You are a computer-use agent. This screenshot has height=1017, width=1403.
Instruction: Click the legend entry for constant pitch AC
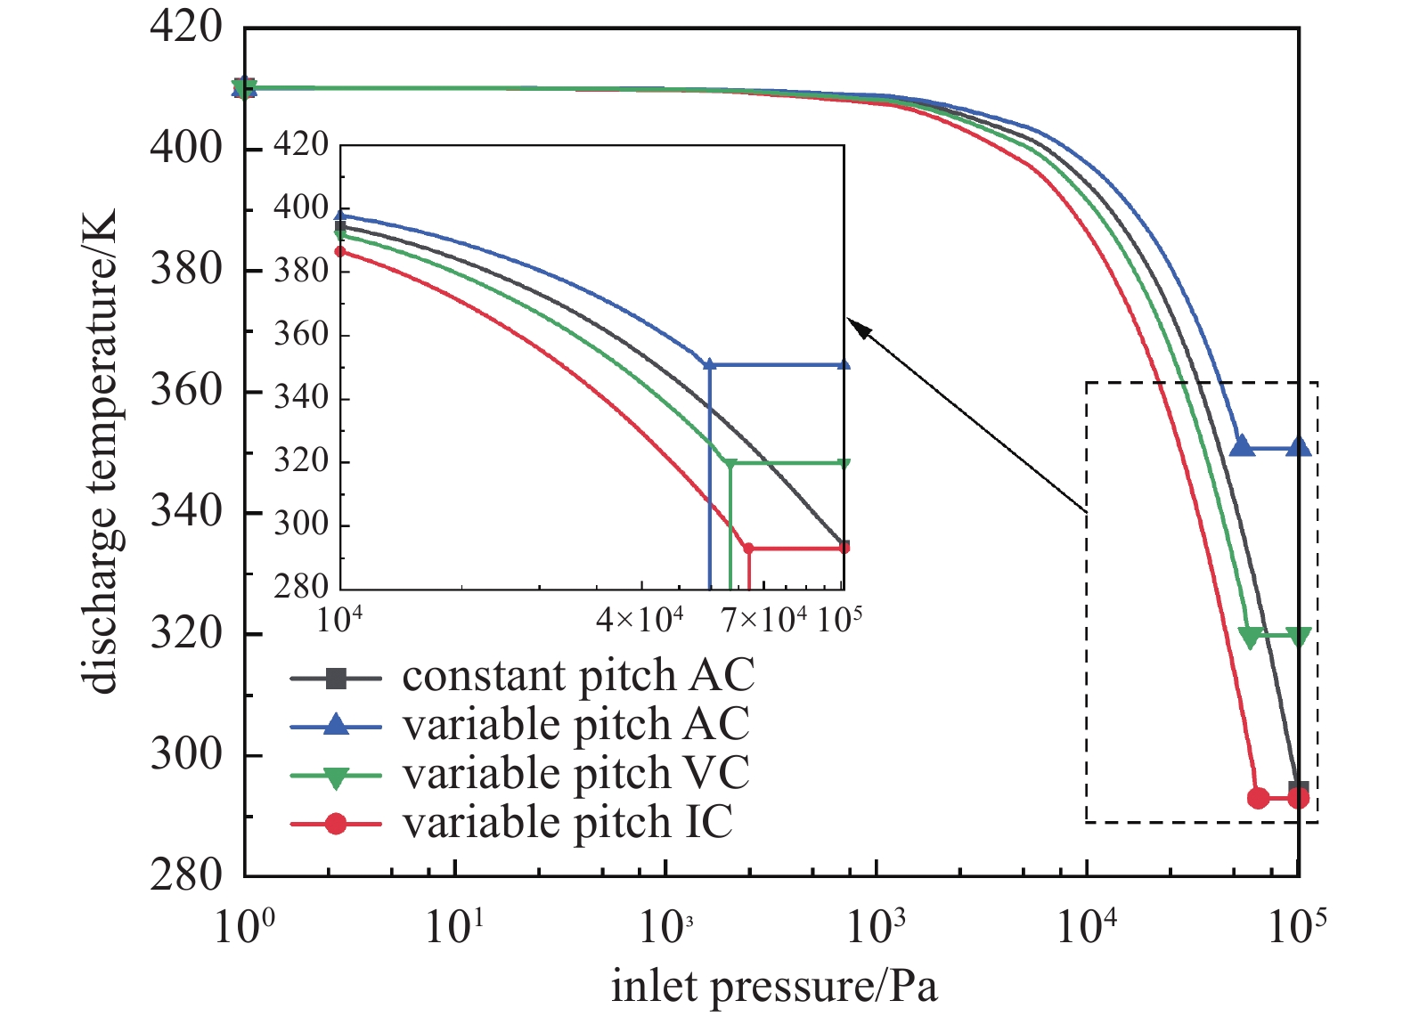(577, 676)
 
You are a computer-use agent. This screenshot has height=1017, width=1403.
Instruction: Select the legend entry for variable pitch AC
(575, 725)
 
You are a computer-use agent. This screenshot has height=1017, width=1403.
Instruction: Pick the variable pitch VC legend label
(575, 773)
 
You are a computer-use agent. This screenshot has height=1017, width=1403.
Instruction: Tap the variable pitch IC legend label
(567, 822)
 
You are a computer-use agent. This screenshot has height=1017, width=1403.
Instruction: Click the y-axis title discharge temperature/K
(102, 452)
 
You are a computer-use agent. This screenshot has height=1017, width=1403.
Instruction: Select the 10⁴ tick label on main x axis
(1087, 927)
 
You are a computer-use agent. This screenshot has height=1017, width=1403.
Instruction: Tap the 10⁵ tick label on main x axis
(1297, 927)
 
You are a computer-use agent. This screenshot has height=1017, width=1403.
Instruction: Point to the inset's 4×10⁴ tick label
(640, 619)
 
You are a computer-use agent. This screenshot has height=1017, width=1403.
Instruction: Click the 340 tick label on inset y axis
(301, 397)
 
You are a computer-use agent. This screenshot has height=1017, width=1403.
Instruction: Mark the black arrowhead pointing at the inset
(858, 327)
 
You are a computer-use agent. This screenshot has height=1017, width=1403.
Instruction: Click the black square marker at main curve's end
(1298, 789)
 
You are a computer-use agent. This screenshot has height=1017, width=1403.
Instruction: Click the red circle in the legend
(336, 824)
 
